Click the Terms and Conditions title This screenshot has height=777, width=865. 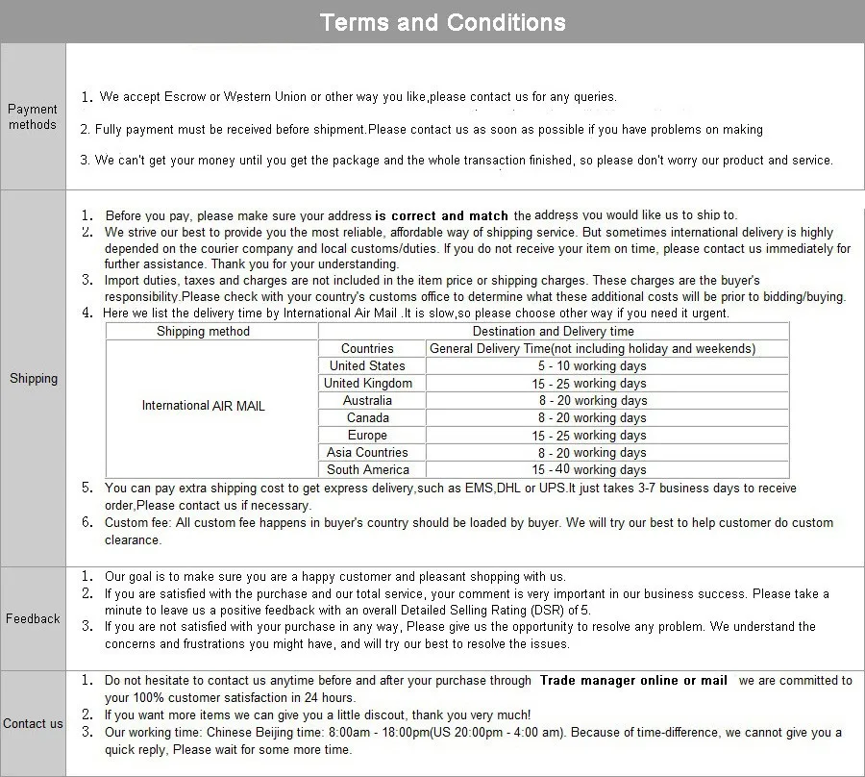442,22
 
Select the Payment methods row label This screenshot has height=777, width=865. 33,116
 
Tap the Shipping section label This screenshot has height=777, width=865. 34,379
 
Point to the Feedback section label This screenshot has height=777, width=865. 33,619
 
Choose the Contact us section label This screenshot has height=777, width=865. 33,724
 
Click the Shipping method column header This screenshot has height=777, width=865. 203,332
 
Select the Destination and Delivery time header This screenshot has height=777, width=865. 554,332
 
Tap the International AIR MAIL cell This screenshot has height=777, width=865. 204,406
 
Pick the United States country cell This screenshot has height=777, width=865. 367,366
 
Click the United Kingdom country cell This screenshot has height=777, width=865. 368,384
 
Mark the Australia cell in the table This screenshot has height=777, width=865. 367,401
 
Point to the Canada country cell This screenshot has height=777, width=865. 368,418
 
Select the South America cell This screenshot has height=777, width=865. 368,470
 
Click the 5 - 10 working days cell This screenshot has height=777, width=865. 592,366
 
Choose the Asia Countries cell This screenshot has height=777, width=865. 367,453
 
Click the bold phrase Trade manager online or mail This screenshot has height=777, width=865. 633,681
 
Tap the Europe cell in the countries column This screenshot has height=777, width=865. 367,436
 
